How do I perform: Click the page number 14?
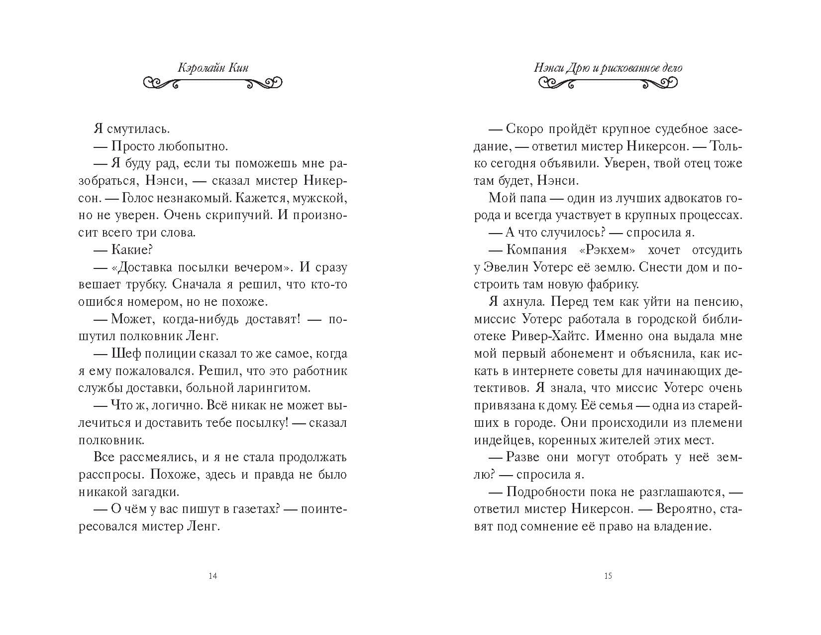[x=212, y=576]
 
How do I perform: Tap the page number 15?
[x=608, y=576]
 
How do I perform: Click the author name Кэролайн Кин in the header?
[x=212, y=68]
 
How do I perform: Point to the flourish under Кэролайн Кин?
[x=212, y=83]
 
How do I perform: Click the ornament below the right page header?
[x=608, y=83]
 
